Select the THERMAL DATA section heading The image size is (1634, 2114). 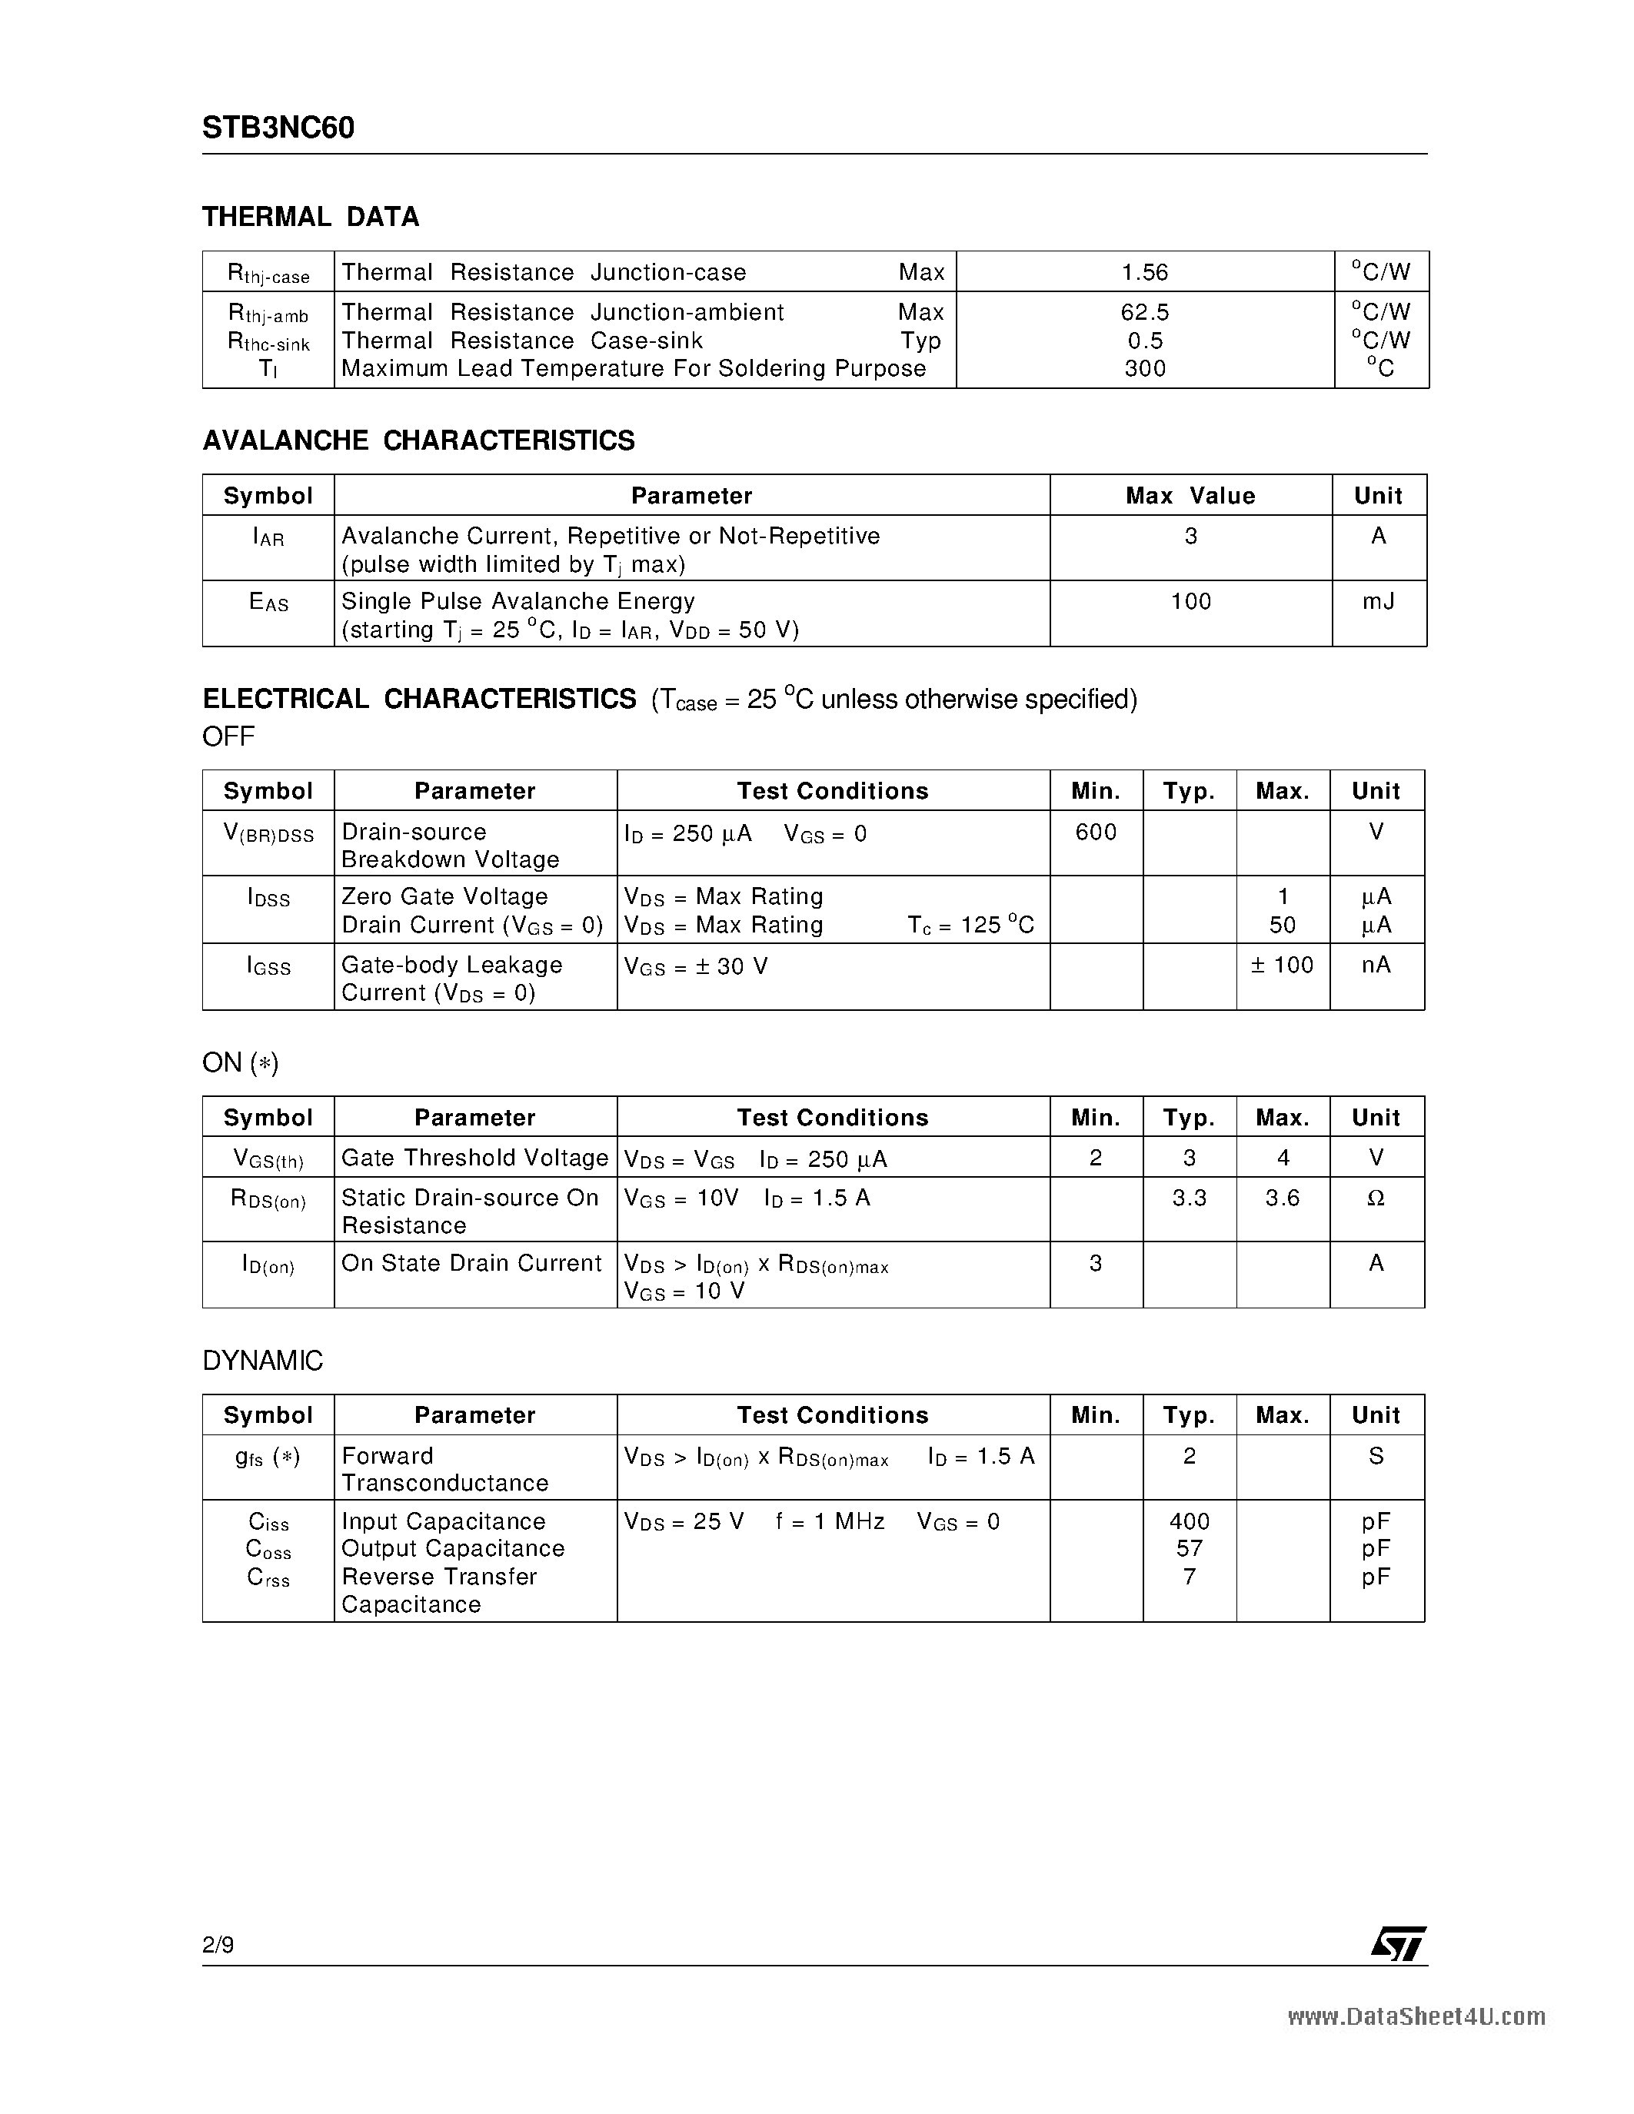tap(310, 217)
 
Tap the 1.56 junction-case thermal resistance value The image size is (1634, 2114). tap(1144, 273)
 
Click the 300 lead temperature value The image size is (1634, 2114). tap(1144, 369)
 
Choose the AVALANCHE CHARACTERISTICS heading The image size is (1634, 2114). tap(418, 440)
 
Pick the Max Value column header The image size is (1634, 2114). tap(1190, 496)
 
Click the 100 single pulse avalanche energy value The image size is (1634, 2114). tap(1190, 602)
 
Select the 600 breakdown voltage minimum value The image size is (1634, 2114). tap(1095, 833)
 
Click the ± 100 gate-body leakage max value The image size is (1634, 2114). tap(1282, 965)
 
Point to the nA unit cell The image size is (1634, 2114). tap(1376, 965)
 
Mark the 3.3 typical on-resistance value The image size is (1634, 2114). tap(1189, 1198)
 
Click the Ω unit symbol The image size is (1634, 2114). tap(1376, 1198)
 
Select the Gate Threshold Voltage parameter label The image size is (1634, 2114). tap(474, 1158)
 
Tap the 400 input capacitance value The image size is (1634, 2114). tap(1189, 1521)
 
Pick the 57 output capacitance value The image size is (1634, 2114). tap(1189, 1549)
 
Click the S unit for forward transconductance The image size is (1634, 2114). tap(1376, 1456)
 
